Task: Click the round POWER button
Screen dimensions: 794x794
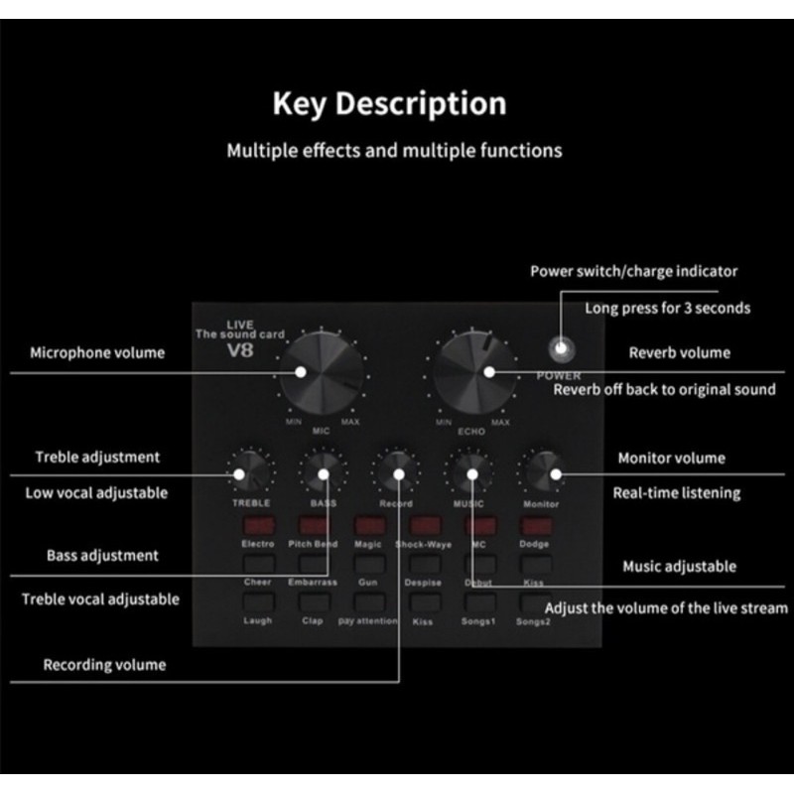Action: (x=563, y=348)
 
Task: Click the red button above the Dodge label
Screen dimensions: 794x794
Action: (x=535, y=525)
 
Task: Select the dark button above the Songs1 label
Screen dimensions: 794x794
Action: (x=479, y=601)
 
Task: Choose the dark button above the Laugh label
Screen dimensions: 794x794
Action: (x=258, y=601)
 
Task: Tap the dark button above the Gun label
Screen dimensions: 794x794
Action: (x=368, y=564)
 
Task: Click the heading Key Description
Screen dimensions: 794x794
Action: (x=389, y=104)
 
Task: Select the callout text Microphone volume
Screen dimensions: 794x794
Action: (x=97, y=352)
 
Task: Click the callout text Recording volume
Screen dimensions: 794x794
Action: (x=104, y=665)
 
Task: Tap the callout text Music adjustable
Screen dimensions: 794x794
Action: (x=679, y=567)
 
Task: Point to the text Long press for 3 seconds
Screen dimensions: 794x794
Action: (x=667, y=308)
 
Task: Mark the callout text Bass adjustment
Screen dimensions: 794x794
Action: (x=102, y=556)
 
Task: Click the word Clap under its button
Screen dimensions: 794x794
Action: (x=313, y=621)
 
